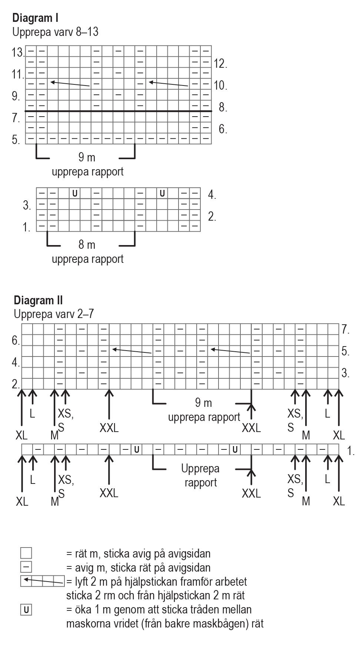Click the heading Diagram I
(35, 18)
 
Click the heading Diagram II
(38, 300)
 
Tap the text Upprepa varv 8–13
(55, 32)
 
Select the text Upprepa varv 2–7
(54, 314)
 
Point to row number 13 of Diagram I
(17, 53)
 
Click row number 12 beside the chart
(220, 64)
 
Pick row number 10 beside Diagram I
(220, 86)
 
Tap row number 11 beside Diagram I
(17, 74)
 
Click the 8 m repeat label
(87, 245)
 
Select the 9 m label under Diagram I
(87, 158)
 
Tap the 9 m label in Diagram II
(203, 403)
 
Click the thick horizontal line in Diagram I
(119, 111)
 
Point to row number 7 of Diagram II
(346, 329)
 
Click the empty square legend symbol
(26, 553)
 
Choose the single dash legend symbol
(26, 567)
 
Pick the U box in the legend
(26, 610)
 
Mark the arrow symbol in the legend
(43, 581)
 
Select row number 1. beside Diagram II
(351, 451)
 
